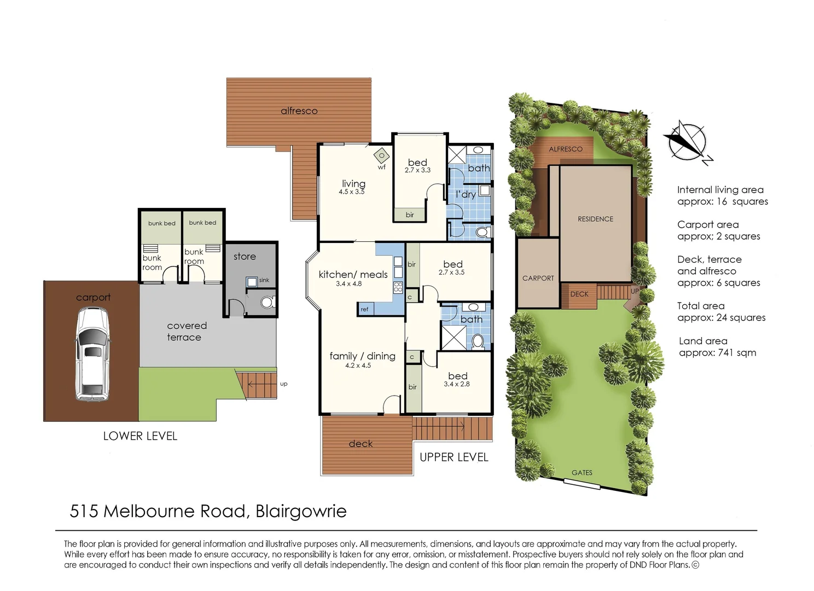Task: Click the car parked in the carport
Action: pyautogui.click(x=92, y=354)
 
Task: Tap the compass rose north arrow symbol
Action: pyautogui.click(x=687, y=141)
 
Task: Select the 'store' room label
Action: pyautogui.click(x=245, y=257)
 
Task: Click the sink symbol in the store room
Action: pyautogui.click(x=252, y=282)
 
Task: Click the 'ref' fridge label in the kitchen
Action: pyautogui.click(x=364, y=309)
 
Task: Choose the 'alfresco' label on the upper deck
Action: pyautogui.click(x=299, y=111)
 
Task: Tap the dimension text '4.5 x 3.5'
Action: pyautogui.click(x=351, y=192)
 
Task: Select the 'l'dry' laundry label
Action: pyautogui.click(x=466, y=194)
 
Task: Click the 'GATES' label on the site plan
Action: pyautogui.click(x=582, y=473)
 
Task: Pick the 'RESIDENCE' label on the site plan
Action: pyautogui.click(x=595, y=219)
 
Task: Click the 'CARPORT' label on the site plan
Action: pyautogui.click(x=538, y=278)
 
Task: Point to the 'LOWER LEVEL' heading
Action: pyautogui.click(x=140, y=436)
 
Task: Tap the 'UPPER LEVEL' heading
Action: pyautogui.click(x=453, y=457)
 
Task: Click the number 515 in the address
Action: pyautogui.click(x=84, y=511)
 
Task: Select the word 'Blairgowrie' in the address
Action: pyautogui.click(x=301, y=511)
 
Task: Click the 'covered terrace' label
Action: pyautogui.click(x=186, y=331)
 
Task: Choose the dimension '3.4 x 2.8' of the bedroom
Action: pyautogui.click(x=456, y=384)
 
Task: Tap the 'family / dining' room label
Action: pyautogui.click(x=362, y=356)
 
